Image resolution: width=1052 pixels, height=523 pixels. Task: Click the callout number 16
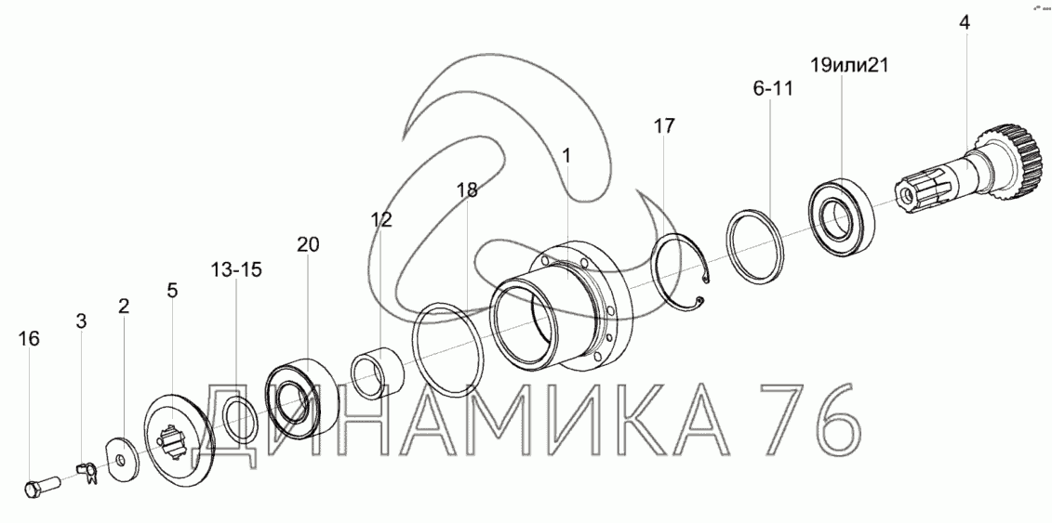tap(29, 339)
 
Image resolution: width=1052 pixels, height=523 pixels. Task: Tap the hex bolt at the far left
tap(42, 486)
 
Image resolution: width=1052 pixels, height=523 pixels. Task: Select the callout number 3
tap(81, 321)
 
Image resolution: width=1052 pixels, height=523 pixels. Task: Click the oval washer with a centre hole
tap(122, 460)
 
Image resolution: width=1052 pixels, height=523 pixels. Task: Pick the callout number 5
tap(172, 291)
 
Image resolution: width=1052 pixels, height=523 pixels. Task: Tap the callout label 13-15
tap(236, 270)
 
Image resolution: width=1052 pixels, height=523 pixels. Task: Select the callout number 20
tap(308, 244)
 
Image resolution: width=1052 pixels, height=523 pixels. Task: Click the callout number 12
tap(381, 219)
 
